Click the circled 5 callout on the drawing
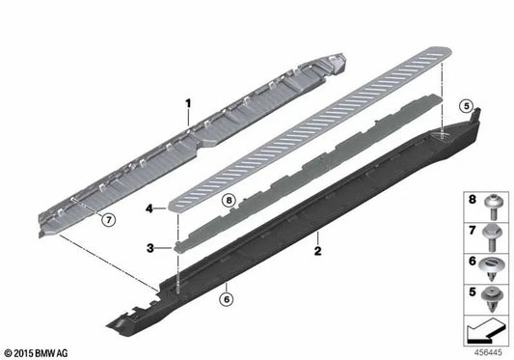click(x=466, y=106)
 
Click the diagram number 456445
click(x=489, y=353)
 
